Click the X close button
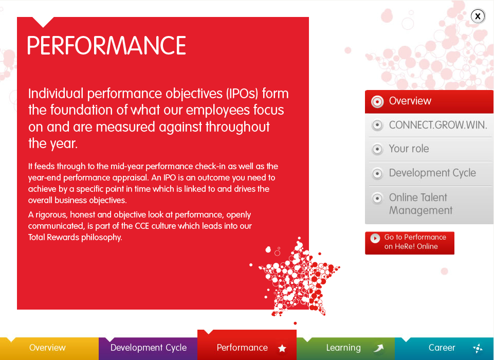(x=478, y=16)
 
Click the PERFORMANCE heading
(x=107, y=45)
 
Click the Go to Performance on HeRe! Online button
(x=410, y=243)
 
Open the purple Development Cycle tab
(x=148, y=348)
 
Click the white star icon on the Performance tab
(x=282, y=348)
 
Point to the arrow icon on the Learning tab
(x=379, y=348)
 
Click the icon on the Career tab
(x=478, y=348)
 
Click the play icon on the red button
(x=375, y=238)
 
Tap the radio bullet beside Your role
(x=377, y=149)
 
